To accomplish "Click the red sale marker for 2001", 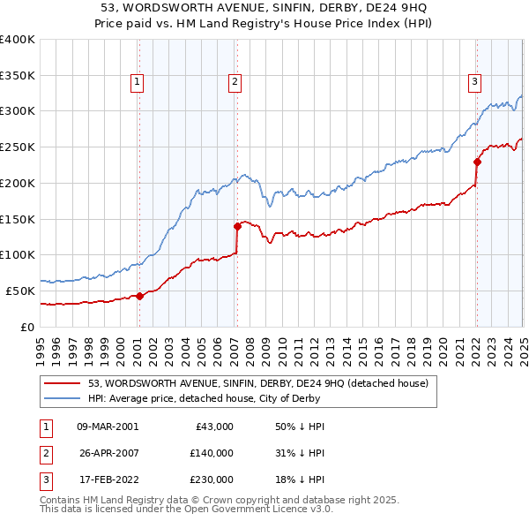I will [x=139, y=297].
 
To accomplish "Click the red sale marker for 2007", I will [x=237, y=226].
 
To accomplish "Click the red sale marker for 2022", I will [x=477, y=162].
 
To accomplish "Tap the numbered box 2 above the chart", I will [x=235, y=83].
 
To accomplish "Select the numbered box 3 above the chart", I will [x=474, y=83].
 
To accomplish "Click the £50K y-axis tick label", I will [x=21, y=291].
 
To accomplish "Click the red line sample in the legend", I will [x=63, y=383].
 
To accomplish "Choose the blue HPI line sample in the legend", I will [x=63, y=398].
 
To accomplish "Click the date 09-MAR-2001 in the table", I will [x=108, y=427].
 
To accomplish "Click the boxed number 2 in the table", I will [x=45, y=453].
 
